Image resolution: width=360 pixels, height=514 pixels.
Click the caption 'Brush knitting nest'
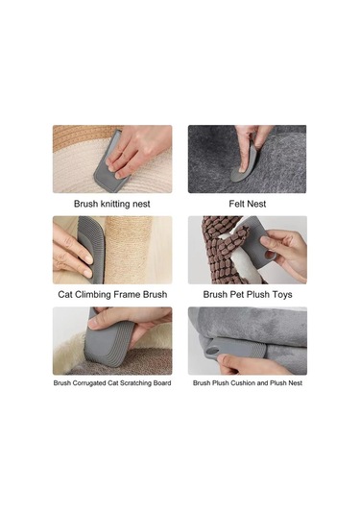112,204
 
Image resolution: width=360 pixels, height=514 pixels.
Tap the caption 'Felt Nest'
248,204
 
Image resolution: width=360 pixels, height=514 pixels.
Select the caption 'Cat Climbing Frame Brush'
112,294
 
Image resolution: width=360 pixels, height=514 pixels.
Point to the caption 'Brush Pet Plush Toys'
248,294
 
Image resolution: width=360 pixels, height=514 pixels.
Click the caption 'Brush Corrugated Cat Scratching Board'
112,383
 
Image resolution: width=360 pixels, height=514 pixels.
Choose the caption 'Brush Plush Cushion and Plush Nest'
248,383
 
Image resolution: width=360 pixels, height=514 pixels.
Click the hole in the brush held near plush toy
269,255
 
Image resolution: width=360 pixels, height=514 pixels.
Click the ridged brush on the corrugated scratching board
108,344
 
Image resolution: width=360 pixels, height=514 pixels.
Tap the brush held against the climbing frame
91,249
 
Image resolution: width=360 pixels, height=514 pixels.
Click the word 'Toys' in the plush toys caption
280,295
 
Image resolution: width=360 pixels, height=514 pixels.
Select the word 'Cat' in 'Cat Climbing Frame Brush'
65,294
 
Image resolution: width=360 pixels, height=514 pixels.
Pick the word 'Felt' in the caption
236,204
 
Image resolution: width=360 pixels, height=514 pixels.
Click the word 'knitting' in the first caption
115,204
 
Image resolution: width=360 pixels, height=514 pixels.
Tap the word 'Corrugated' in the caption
88,383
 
